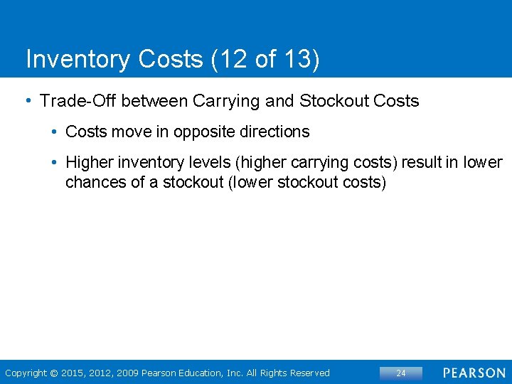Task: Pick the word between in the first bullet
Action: [x=149, y=101]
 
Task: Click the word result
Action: [x=423, y=163]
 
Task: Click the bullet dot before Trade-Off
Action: [x=28, y=100]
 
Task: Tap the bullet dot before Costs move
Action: [x=54, y=132]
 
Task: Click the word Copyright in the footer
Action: [x=26, y=373]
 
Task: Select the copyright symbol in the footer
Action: [x=54, y=373]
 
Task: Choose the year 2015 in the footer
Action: [x=73, y=373]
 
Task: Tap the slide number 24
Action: [x=401, y=373]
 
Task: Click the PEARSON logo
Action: [x=474, y=373]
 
